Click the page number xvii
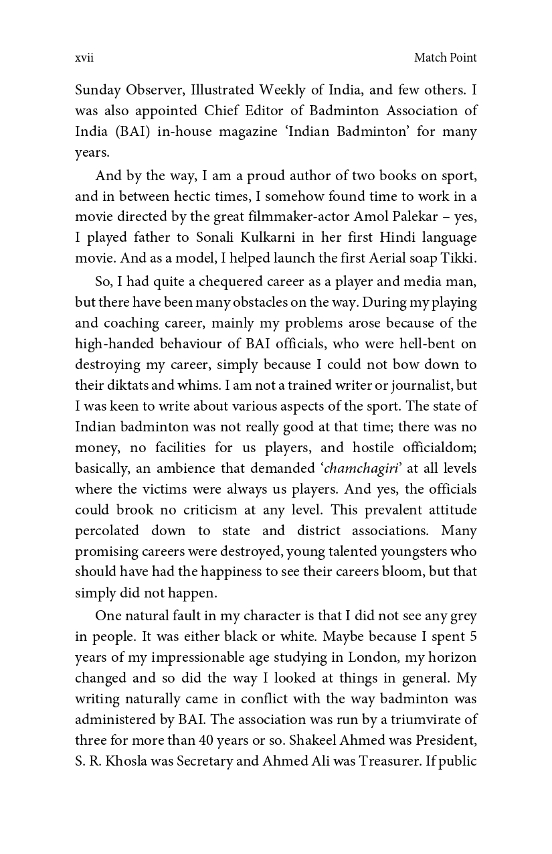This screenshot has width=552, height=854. pyautogui.click(x=84, y=58)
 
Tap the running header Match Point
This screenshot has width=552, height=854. pyautogui.click(x=445, y=58)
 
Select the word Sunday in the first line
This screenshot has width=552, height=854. pyautogui.click(x=96, y=90)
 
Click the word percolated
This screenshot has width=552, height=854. pyautogui.click(x=107, y=530)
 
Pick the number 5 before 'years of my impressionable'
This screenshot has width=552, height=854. pyautogui.click(x=473, y=636)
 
